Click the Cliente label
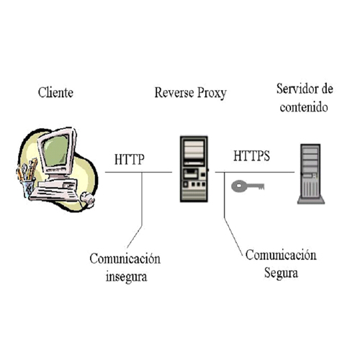click(x=55, y=92)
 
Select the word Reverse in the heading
click(x=174, y=92)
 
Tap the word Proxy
click(x=212, y=93)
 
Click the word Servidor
click(x=296, y=89)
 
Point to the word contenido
click(x=304, y=107)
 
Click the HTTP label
click(x=130, y=159)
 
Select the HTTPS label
click(x=252, y=156)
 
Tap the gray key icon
click(x=248, y=186)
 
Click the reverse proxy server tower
click(x=194, y=169)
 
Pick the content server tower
click(x=311, y=174)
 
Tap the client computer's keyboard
click(x=54, y=194)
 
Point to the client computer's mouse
click(x=87, y=199)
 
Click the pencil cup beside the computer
click(x=28, y=189)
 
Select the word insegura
click(x=127, y=276)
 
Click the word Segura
click(x=281, y=273)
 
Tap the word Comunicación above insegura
click(x=125, y=258)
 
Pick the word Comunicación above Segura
click(x=281, y=255)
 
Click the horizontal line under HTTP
click(x=138, y=172)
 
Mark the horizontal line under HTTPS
click(x=255, y=172)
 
